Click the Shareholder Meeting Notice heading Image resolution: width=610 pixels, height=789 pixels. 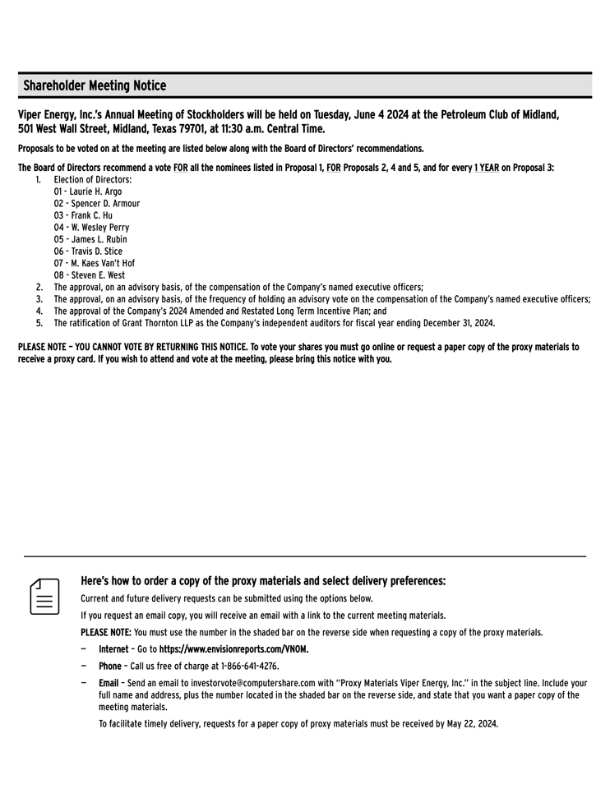pyautogui.click(x=95, y=85)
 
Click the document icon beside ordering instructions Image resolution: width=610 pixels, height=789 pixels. pyautogui.click(x=45, y=596)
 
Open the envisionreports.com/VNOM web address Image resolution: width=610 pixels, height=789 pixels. pyautogui.click(x=234, y=649)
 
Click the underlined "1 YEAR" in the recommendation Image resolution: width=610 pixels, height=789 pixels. pyautogui.click(x=486, y=168)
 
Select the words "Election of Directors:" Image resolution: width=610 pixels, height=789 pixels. pyautogui.click(x=93, y=179)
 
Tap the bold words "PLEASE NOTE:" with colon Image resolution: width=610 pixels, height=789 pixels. pyautogui.click(x=106, y=633)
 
